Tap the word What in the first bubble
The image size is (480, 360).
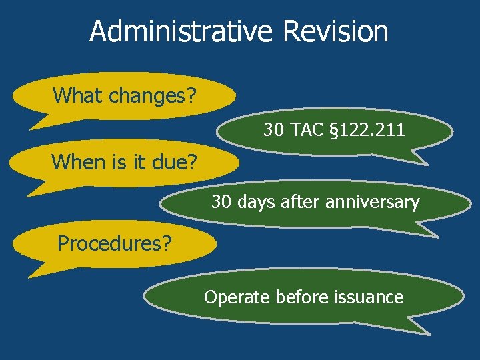[78, 95]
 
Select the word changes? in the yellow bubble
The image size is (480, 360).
[153, 95]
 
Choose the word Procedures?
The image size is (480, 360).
[114, 243]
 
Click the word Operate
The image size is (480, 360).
[234, 296]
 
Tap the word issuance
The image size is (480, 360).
[369, 296]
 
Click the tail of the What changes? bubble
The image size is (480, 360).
[40, 121]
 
